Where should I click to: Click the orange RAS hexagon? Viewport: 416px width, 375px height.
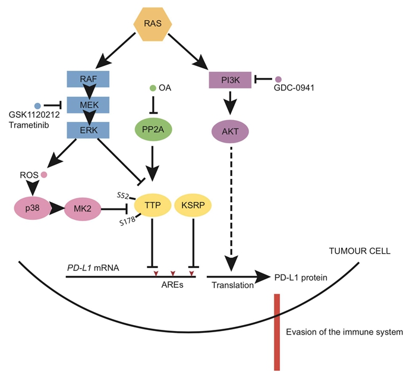[152, 24]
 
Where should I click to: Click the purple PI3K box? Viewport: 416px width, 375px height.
[230, 79]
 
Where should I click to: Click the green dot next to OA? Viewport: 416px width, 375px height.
[153, 89]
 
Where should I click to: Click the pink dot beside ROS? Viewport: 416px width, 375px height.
[43, 175]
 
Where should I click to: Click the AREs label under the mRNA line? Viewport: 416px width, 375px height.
[172, 285]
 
